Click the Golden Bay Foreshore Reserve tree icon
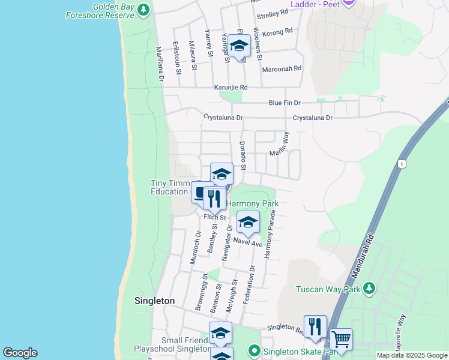pyautogui.click(x=143, y=10)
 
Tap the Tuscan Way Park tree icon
pyautogui.click(x=370, y=289)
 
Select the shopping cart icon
pyautogui.click(x=341, y=339)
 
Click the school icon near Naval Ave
pyautogui.click(x=247, y=222)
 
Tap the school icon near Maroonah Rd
pyautogui.click(x=239, y=46)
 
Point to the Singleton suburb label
pyautogui.click(x=154, y=301)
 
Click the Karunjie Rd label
pyautogui.click(x=231, y=88)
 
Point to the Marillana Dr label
pyautogui.click(x=160, y=64)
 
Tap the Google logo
pyautogui.click(x=20, y=353)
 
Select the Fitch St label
pyautogui.click(x=214, y=217)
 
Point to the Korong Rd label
pyautogui.click(x=280, y=31)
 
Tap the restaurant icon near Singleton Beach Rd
pyautogui.click(x=314, y=326)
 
